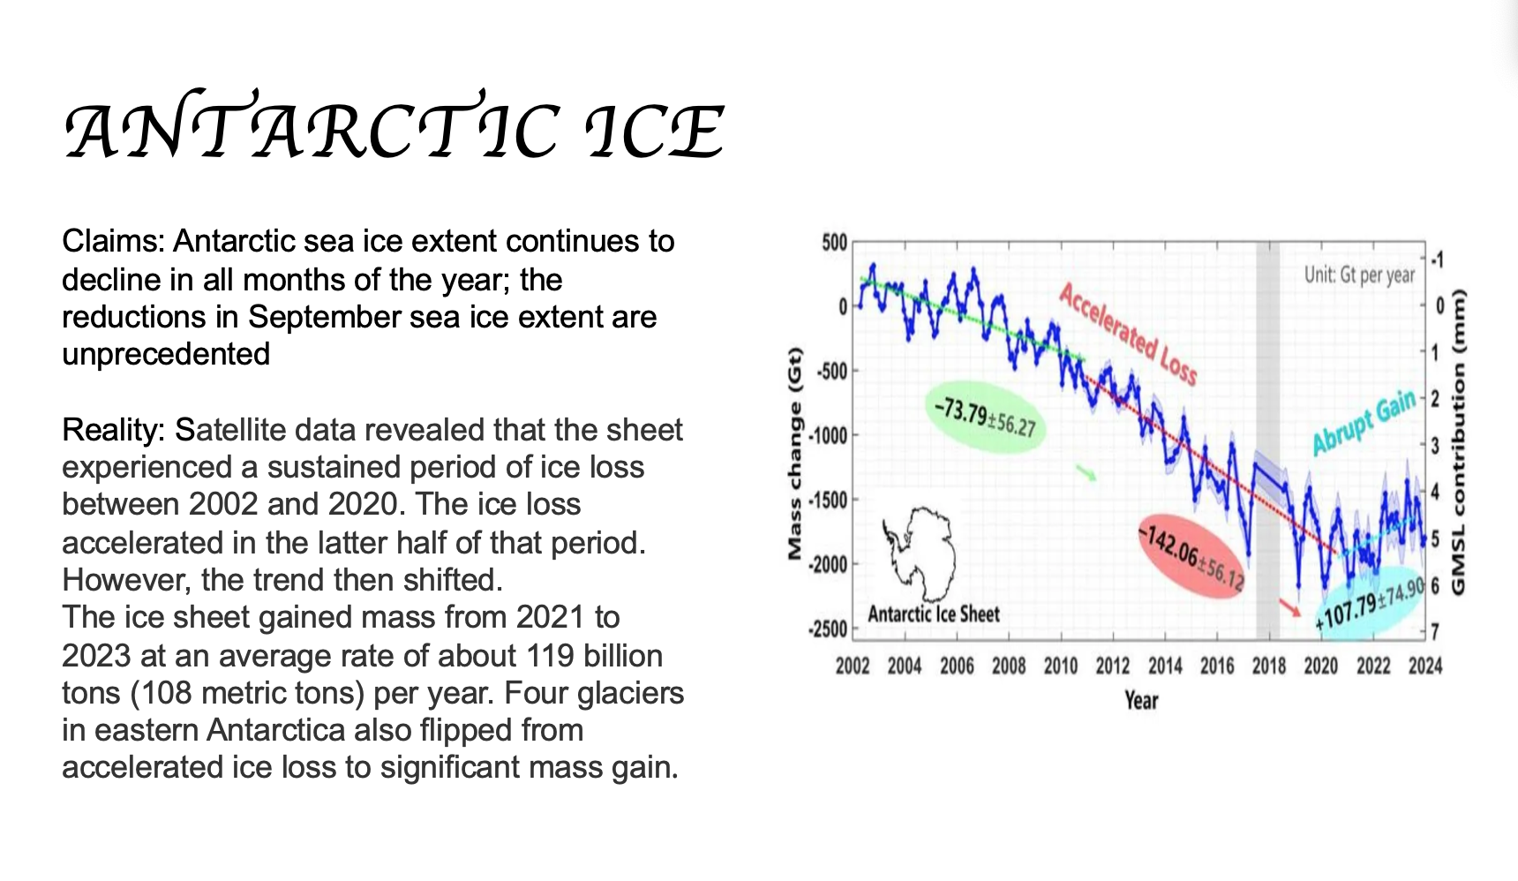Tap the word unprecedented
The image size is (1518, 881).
pos(166,354)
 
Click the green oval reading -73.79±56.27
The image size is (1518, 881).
pos(986,418)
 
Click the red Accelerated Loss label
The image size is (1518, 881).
pos(1128,334)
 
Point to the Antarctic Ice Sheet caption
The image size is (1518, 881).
pos(934,614)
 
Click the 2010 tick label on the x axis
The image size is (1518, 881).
pos(1060,666)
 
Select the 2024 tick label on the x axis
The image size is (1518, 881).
pos(1424,666)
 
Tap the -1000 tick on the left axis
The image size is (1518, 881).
pos(829,435)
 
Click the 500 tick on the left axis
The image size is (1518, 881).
pos(834,243)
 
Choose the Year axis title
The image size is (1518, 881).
pos(1140,701)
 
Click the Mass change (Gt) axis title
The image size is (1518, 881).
pos(795,455)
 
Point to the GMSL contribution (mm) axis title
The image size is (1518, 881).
pos(1457,441)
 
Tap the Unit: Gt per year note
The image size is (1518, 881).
pos(1359,275)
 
